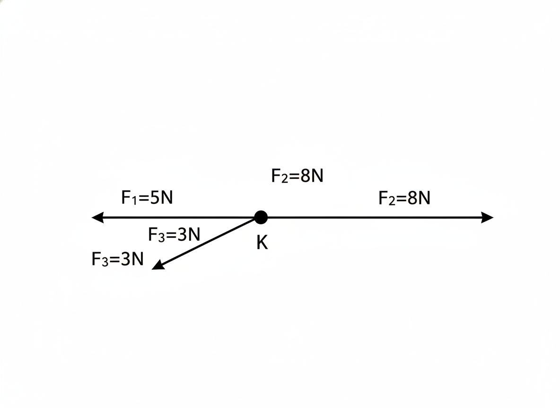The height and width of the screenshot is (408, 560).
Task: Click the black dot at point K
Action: (261, 217)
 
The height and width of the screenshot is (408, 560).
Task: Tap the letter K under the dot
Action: (262, 243)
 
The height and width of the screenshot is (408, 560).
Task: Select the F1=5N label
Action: (147, 197)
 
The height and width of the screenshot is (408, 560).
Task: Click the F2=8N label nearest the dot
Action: (297, 176)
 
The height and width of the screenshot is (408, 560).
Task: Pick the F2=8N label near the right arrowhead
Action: (404, 198)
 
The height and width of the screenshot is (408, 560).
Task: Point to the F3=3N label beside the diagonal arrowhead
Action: (117, 259)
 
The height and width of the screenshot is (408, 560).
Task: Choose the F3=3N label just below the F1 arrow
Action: (174, 235)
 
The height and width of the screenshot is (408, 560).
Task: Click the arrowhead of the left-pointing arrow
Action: (98, 217)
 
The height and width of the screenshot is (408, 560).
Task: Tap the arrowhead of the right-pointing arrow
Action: (487, 217)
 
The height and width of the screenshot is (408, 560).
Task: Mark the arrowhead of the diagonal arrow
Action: (158, 265)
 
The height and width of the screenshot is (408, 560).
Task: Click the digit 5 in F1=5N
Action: (155, 197)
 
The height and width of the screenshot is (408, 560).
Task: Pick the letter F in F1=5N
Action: (126, 197)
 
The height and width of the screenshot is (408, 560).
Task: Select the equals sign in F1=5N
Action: (144, 198)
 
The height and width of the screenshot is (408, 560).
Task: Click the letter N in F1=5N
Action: (167, 197)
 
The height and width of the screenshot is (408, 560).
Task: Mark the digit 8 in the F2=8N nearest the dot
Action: (305, 176)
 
